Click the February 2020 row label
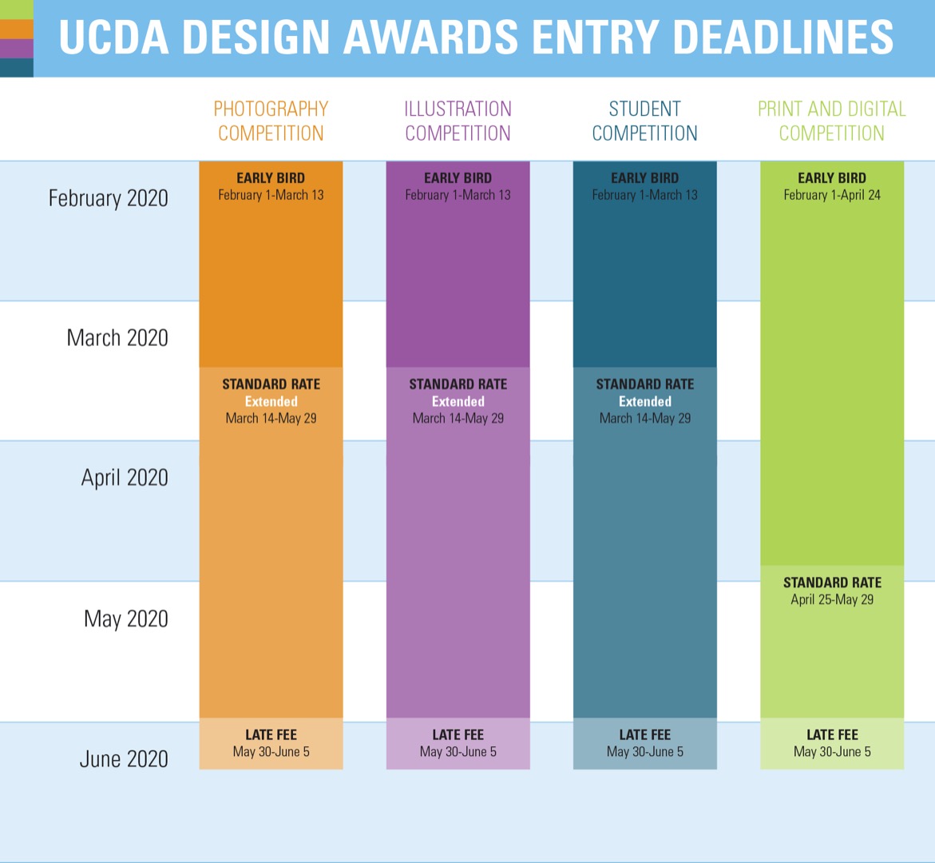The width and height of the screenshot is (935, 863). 108,198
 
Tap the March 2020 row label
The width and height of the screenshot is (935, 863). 117,338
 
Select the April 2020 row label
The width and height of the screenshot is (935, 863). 125,478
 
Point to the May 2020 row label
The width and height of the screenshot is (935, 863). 126,618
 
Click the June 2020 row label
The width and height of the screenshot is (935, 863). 124,759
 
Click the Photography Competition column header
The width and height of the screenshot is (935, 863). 271,121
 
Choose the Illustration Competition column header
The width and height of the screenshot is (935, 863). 458,121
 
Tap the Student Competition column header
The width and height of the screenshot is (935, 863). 644,121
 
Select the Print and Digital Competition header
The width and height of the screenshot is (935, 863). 832,121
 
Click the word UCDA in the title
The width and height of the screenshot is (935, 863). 114,38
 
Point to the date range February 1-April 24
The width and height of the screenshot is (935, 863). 832,195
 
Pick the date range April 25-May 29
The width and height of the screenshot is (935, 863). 832,599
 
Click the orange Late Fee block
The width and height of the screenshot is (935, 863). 271,744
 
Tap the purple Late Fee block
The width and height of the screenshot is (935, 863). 458,744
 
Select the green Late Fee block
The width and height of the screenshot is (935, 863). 832,744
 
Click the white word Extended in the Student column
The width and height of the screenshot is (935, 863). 644,401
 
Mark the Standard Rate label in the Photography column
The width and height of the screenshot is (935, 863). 271,384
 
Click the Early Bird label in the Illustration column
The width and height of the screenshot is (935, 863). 458,178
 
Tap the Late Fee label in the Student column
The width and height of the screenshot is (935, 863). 644,735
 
